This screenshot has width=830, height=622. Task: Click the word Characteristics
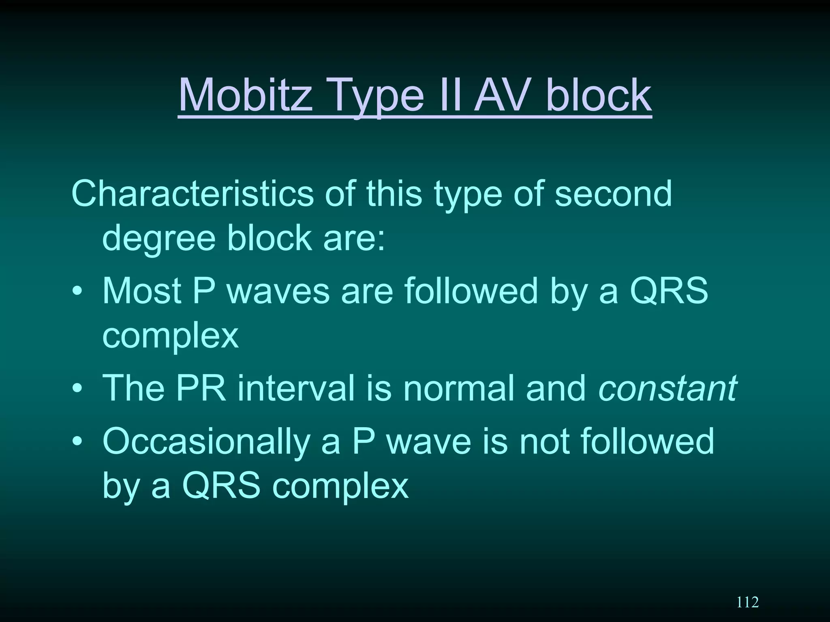point(192,194)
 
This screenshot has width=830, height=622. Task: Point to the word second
point(613,194)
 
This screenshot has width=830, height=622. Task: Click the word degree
point(159,238)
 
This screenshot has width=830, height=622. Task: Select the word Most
point(141,290)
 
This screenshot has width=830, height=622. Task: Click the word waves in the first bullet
point(278,290)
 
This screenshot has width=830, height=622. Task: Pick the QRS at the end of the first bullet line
point(669,290)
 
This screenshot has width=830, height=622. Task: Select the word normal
point(458,388)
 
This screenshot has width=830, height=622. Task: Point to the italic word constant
point(667,388)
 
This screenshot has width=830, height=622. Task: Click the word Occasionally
point(206,441)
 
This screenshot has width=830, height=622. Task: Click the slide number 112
point(747,602)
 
